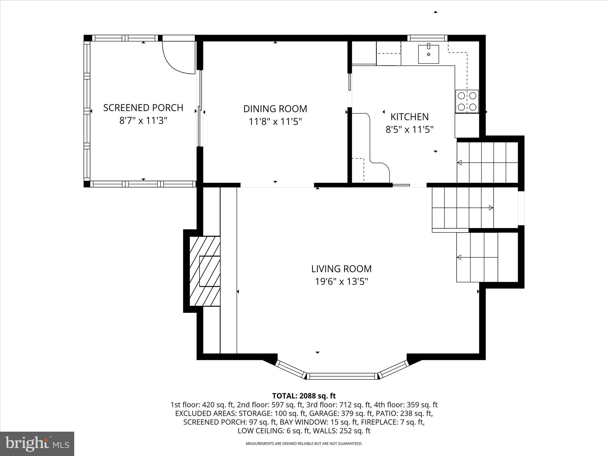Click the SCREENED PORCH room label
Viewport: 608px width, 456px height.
pyautogui.click(x=143, y=107)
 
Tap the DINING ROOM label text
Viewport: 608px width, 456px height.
pyautogui.click(x=275, y=109)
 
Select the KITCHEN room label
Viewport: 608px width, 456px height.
pyautogui.click(x=409, y=117)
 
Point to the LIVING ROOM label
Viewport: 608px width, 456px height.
pyautogui.click(x=341, y=269)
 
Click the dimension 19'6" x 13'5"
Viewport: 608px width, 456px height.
pyautogui.click(x=341, y=281)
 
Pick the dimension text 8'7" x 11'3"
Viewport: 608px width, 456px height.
pyautogui.click(x=143, y=121)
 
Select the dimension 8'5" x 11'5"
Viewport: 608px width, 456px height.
pyautogui.click(x=409, y=129)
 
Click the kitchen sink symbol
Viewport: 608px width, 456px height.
pyautogui.click(x=428, y=54)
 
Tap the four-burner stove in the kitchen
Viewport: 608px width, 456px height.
pyautogui.click(x=467, y=101)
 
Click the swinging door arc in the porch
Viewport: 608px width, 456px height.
pyautogui.click(x=175, y=59)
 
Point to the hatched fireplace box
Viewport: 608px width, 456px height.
pyautogui.click(x=205, y=271)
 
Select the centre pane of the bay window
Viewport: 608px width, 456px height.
pyautogui.click(x=342, y=376)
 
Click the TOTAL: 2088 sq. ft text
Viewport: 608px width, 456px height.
pyautogui.click(x=304, y=396)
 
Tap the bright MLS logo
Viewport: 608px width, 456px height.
pyautogui.click(x=37, y=444)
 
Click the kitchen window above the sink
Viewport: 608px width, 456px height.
pyautogui.click(x=427, y=38)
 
